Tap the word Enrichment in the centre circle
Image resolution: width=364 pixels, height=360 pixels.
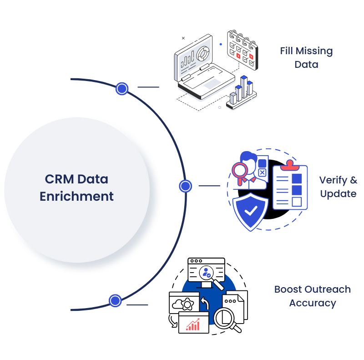tap(76, 197)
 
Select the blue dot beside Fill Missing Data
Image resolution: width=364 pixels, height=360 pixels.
tap(121, 89)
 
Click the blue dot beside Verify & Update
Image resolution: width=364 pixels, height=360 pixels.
tap(185, 186)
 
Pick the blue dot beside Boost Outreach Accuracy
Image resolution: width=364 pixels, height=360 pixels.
tap(115, 301)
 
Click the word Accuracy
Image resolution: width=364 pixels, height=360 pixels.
tap(313, 303)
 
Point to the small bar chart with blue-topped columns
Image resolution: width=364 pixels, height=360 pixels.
tap(241, 91)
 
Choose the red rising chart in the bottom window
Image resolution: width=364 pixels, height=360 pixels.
tap(193, 325)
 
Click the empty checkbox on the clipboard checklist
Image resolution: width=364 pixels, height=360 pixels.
tap(296, 201)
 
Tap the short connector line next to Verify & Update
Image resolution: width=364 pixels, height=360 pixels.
tap(209, 186)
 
